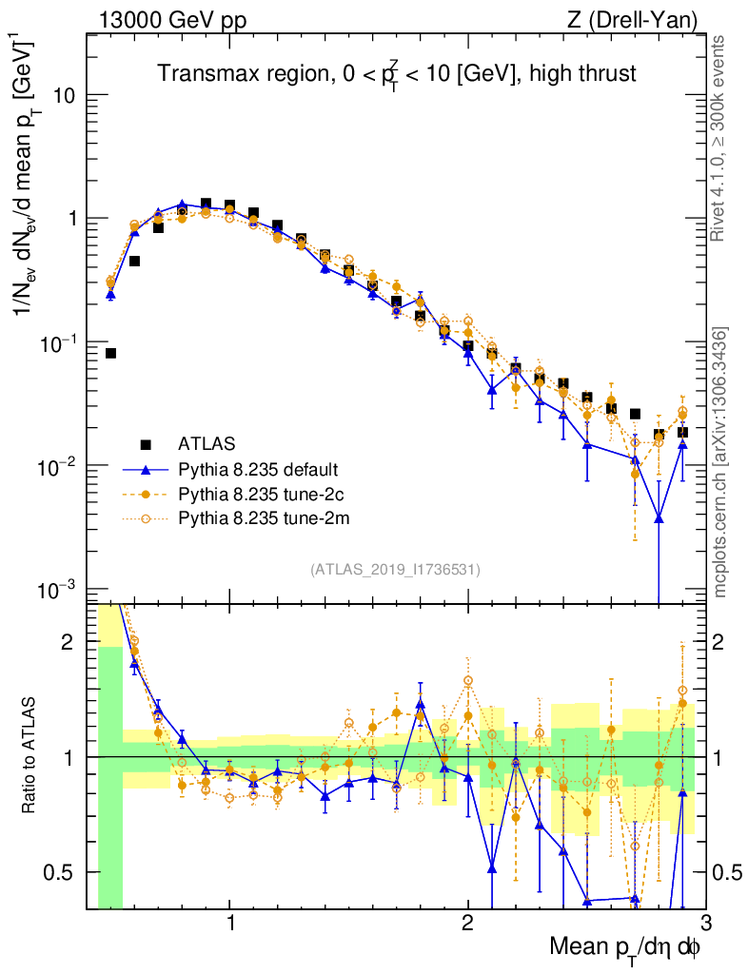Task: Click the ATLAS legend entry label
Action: pos(206,444)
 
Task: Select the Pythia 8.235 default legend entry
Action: pos(257,469)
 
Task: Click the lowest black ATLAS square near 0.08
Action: pos(110,353)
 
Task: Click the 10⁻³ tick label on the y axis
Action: pos(56,590)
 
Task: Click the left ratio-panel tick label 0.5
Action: pos(59,871)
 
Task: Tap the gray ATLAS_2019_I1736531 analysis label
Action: pos(395,570)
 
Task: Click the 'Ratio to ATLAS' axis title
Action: pos(30,756)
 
